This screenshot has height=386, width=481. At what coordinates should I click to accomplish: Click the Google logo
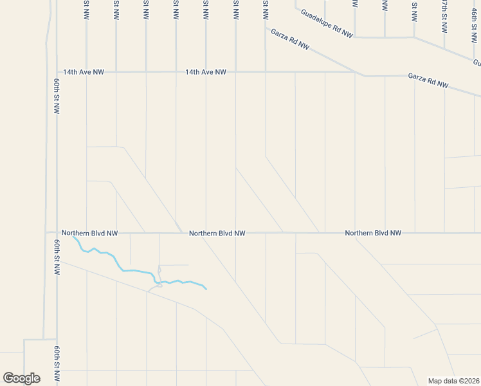[21, 378]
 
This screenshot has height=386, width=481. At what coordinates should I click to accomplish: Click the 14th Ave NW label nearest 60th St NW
[83, 72]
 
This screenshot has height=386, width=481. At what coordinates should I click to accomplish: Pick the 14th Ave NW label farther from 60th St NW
[206, 72]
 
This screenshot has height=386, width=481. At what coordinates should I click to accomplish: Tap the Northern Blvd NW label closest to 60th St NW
[89, 233]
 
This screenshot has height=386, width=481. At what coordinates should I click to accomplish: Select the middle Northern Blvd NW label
[217, 233]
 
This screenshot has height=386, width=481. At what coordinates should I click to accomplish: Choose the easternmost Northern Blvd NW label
[373, 233]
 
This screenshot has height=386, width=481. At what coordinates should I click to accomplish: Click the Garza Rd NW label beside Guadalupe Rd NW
[290, 39]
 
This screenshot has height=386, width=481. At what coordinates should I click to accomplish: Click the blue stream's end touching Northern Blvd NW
[73, 237]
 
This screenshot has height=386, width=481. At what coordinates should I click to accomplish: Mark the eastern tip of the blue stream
[206, 289]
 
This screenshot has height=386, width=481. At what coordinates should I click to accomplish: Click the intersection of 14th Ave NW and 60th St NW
[57, 72]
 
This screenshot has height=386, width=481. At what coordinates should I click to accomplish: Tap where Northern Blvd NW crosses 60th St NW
[57, 233]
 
